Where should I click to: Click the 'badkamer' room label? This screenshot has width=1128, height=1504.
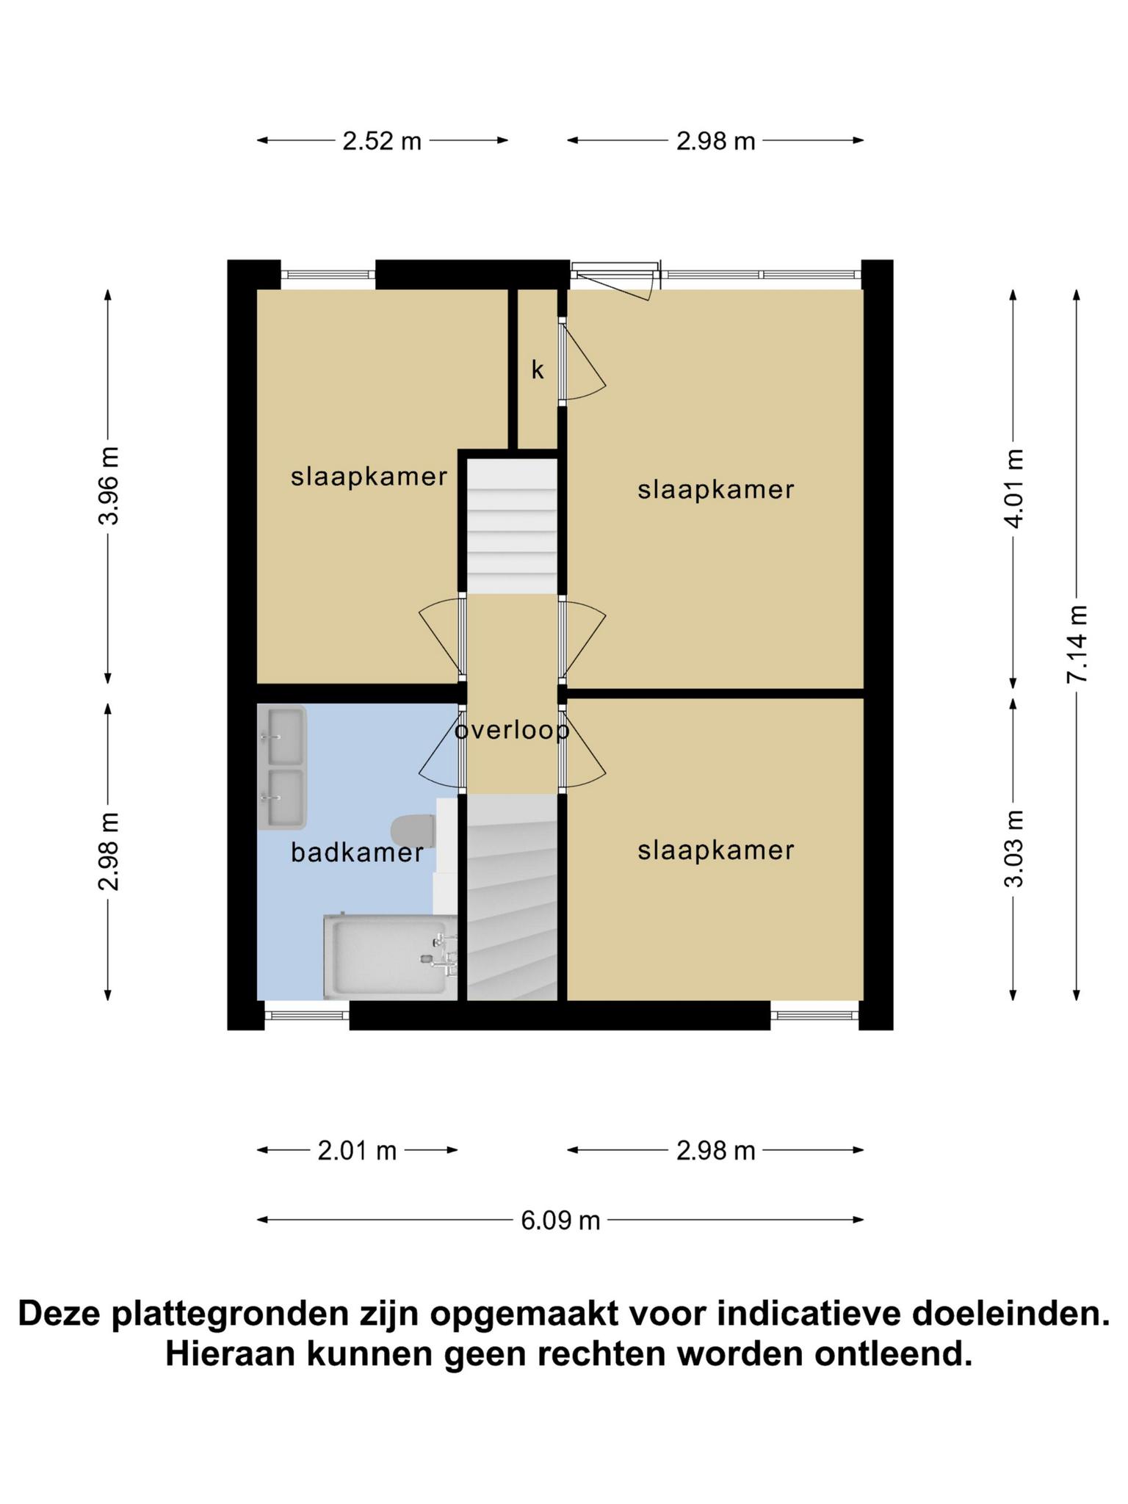[x=357, y=853]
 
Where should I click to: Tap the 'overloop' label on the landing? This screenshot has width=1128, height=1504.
[x=512, y=731]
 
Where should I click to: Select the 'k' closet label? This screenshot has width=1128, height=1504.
[x=538, y=370]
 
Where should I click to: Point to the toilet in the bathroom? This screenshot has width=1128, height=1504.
[x=413, y=831]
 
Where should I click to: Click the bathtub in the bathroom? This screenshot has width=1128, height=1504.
[x=390, y=957]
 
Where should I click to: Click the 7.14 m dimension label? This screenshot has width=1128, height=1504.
[x=1077, y=644]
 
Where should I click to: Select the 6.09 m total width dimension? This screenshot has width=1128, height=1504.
[x=560, y=1221]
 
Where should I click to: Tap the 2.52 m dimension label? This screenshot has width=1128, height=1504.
[x=382, y=140]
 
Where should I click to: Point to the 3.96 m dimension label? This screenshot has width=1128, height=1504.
[x=109, y=485]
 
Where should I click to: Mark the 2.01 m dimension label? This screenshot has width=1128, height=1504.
[x=357, y=1150]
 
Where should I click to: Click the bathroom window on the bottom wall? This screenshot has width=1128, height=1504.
[x=307, y=1015]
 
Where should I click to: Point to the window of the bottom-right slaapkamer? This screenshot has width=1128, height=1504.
[x=814, y=1015]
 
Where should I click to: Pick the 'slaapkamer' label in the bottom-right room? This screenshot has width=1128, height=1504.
[x=716, y=850]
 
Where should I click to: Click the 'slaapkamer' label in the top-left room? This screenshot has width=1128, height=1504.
[x=369, y=477]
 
